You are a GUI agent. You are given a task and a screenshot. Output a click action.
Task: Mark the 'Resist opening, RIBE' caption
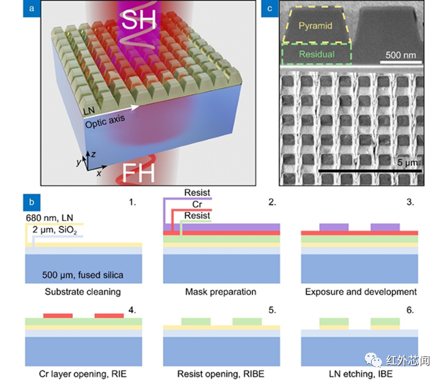tap(221, 373)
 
